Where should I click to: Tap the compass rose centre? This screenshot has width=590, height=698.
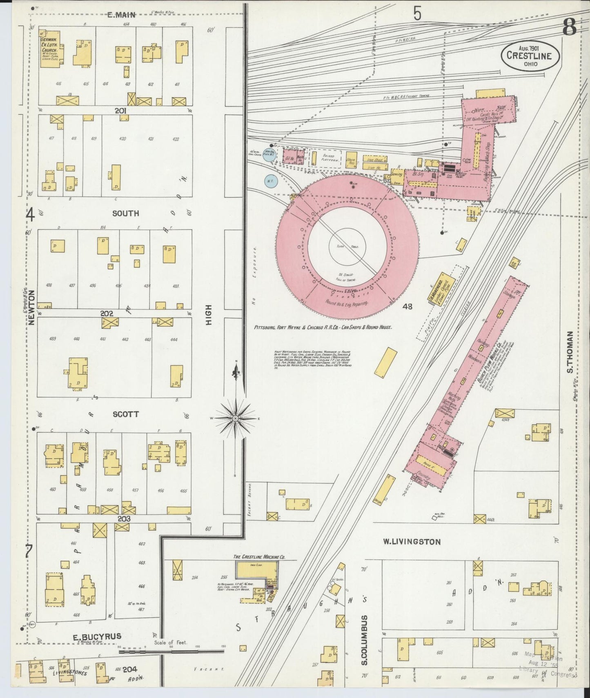236,419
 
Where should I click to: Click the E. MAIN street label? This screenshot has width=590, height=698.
121,15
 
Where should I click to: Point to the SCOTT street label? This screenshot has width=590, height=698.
126,414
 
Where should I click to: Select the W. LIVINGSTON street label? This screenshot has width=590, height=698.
412,542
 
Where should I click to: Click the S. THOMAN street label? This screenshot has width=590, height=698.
570,352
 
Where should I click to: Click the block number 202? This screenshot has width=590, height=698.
107,313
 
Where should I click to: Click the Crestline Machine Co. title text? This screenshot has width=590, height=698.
259,556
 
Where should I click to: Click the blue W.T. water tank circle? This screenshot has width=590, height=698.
269,180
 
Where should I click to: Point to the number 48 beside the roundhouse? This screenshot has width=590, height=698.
407,306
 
